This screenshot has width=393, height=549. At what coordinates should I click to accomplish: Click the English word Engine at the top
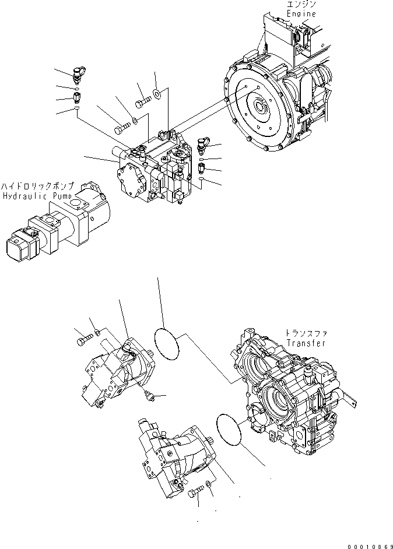(301, 13)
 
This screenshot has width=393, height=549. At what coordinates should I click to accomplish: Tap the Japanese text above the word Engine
(301, 5)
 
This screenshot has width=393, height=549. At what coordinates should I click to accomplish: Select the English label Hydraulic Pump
(37, 196)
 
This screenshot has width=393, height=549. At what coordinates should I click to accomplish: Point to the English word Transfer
(306, 343)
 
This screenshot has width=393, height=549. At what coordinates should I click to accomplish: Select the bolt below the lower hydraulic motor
(195, 493)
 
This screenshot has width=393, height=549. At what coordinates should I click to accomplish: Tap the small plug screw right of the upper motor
(150, 396)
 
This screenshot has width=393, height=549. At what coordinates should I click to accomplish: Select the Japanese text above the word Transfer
(306, 333)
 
